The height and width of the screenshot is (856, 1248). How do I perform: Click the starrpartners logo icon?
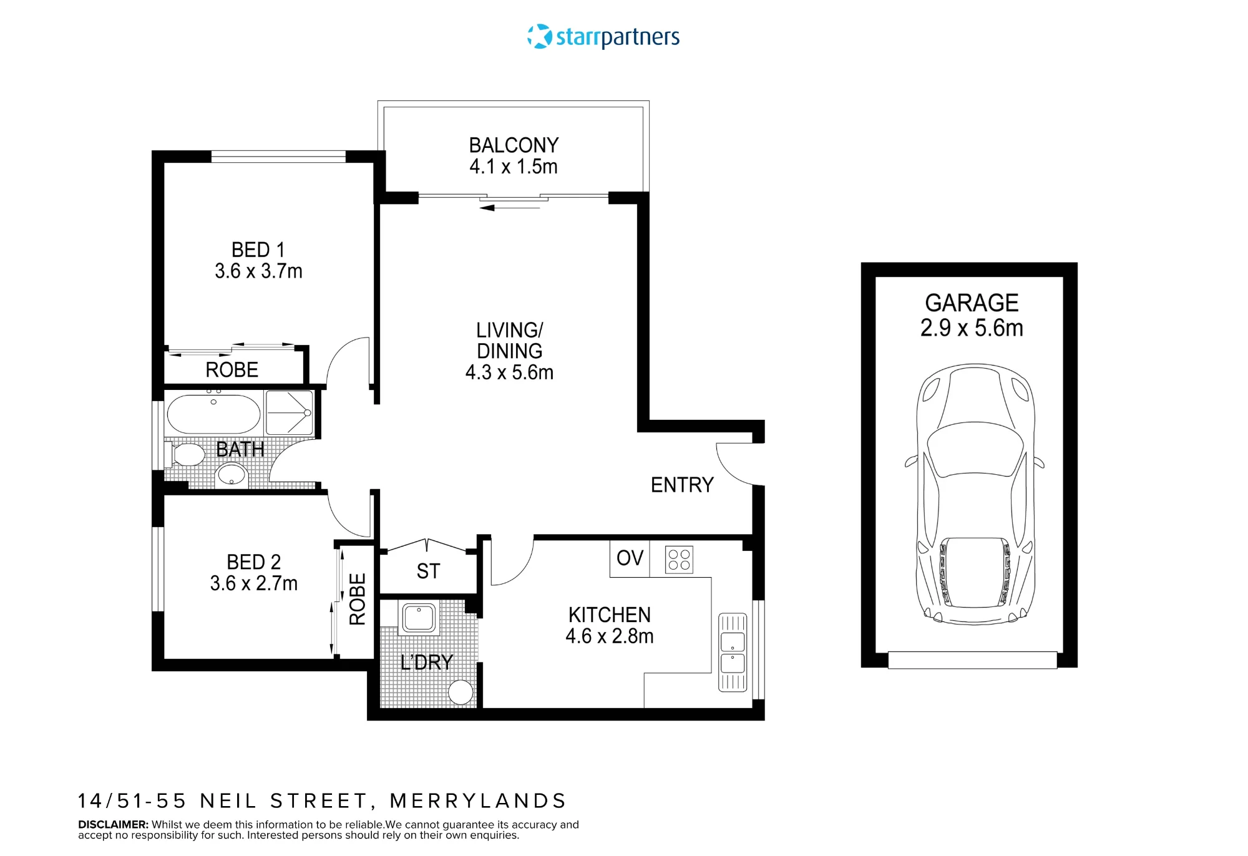540,36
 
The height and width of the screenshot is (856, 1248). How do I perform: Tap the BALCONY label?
514,145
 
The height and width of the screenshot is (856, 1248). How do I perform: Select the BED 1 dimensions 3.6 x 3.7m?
258,271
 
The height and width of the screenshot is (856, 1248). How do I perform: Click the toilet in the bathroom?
185,454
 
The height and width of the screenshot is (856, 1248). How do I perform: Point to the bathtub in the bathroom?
213,413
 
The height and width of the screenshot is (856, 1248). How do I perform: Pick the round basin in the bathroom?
232,475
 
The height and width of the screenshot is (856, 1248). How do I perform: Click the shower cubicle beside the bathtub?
289,412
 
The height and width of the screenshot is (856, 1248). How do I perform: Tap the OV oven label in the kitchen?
630,558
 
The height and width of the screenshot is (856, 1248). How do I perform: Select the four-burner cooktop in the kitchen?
679,560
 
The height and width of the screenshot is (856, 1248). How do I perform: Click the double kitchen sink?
733,653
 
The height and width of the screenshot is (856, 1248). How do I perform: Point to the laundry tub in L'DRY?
419,618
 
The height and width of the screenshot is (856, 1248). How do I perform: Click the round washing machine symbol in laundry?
461,692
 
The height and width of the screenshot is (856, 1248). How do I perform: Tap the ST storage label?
428,571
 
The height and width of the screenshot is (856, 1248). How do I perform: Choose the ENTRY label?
682,485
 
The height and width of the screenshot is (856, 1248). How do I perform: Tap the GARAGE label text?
972,303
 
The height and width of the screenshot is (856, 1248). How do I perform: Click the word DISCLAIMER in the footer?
113,824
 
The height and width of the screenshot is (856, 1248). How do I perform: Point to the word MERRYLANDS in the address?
478,800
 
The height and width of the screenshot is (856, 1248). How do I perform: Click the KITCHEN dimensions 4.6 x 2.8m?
610,636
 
